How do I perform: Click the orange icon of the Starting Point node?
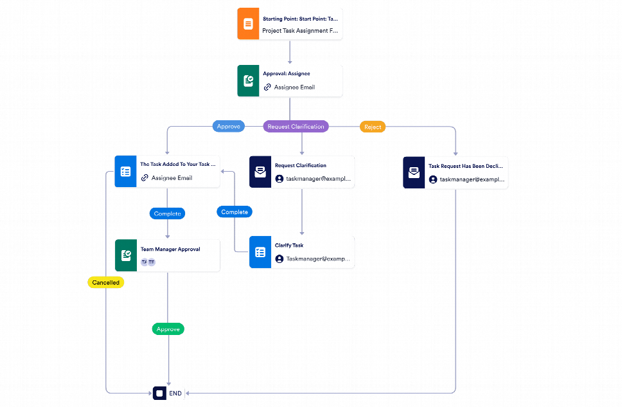point(247,24)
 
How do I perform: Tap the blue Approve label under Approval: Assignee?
point(228,127)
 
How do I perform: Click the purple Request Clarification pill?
point(296,127)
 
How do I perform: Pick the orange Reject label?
point(373,127)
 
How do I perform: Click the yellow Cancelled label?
point(105,282)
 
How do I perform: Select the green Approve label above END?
point(168,329)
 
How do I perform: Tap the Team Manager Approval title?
point(170,249)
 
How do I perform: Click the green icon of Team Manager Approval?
point(125,255)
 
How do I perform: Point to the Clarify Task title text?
point(289,246)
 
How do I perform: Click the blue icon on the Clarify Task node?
point(260,252)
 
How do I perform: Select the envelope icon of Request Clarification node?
point(260,172)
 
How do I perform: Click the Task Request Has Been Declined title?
point(465,166)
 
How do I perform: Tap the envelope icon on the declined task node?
point(414,173)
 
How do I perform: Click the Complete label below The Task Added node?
point(168,213)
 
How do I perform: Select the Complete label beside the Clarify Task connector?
point(235,212)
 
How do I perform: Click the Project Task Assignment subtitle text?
point(299,31)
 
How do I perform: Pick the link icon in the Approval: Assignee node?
point(267,87)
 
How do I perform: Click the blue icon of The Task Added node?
point(125,172)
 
